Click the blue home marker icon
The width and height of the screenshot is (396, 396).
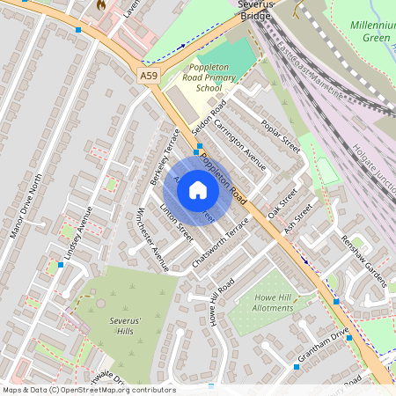(198, 188)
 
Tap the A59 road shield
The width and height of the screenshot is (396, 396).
(149, 77)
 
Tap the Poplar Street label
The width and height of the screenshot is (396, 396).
(282, 137)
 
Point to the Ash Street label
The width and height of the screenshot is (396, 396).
(298, 219)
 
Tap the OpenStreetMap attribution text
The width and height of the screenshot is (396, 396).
(88, 390)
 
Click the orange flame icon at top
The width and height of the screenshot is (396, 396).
(101, 5)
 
